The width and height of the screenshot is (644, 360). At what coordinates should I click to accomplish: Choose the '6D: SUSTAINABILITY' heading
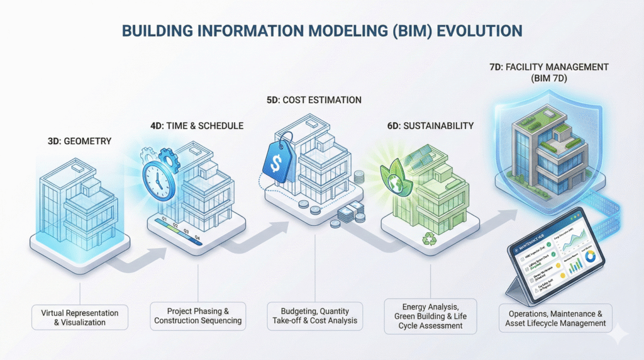tap(430, 126)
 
